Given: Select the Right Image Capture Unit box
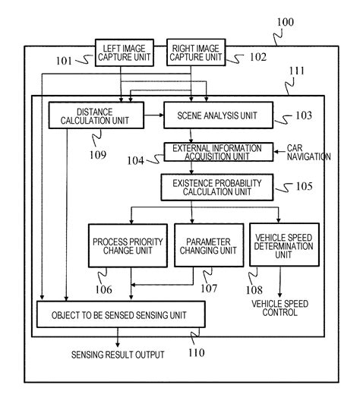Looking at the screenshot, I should pyautogui.click(x=195, y=52).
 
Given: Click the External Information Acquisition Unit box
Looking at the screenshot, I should pyautogui.click(x=217, y=151).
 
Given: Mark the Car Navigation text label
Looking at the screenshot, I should pyautogui.click(x=308, y=151).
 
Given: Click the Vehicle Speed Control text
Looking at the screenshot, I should pyautogui.click(x=279, y=307).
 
